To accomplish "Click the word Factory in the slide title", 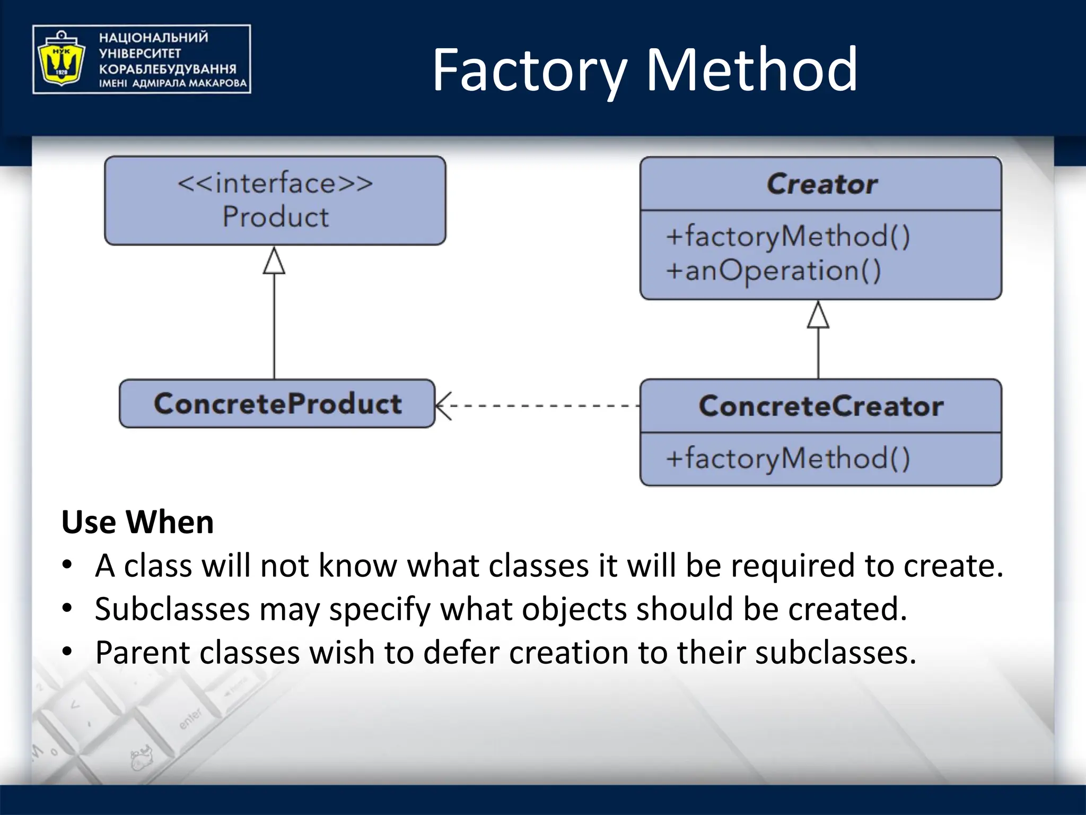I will click(x=529, y=70).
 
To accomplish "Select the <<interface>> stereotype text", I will click(x=275, y=184).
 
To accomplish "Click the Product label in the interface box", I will click(x=275, y=217).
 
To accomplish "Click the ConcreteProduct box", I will click(x=277, y=404).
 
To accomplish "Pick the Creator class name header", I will click(x=821, y=184).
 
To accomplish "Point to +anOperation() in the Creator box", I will click(x=773, y=271).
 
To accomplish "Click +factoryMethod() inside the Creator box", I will click(x=787, y=236).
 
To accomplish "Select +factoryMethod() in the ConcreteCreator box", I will click(x=787, y=458).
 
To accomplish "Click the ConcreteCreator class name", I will click(x=821, y=406).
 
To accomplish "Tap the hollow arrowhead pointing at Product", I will click(x=274, y=262).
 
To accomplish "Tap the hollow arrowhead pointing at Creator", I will click(x=818, y=316).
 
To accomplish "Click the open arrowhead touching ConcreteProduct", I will click(x=443, y=406).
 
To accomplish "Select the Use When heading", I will click(x=137, y=522).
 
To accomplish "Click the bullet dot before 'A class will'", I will click(x=67, y=565).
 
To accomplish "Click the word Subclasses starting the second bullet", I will click(x=172, y=609).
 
